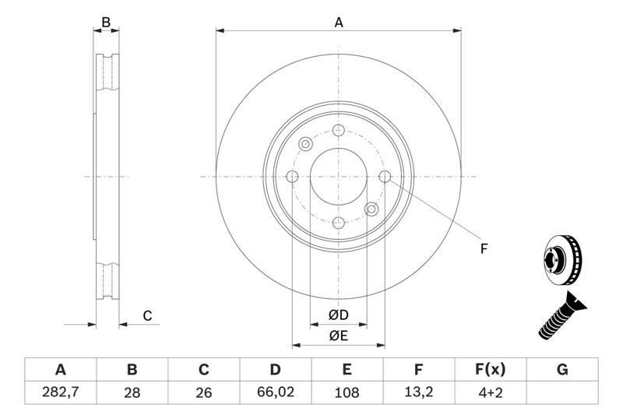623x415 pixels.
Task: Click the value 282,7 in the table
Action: pyautogui.click(x=61, y=392)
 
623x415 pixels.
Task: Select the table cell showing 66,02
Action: pyautogui.click(x=276, y=392)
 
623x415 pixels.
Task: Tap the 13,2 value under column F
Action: pyautogui.click(x=418, y=392)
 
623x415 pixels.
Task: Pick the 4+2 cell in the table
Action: pyautogui.click(x=491, y=392)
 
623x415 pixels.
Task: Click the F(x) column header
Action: pyautogui.click(x=491, y=369)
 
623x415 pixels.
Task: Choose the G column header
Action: pyautogui.click(x=562, y=369)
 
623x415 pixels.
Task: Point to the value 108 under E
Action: pyautogui.click(x=347, y=392)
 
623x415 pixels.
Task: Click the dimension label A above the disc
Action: pyautogui.click(x=339, y=23)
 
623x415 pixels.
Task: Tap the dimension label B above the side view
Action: pyautogui.click(x=106, y=23)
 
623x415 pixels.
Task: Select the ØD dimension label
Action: pyautogui.click(x=339, y=315)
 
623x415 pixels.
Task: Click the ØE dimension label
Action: pyautogui.click(x=339, y=336)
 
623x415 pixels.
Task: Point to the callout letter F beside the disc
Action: pyautogui.click(x=484, y=249)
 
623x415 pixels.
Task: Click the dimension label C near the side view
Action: pyautogui.click(x=147, y=315)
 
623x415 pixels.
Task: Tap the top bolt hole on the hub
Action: pyautogui.click(x=339, y=130)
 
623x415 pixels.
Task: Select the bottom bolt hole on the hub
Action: pyautogui.click(x=339, y=223)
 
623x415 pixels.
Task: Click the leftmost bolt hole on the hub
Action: pyautogui.click(x=292, y=176)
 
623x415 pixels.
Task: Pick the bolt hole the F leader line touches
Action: pyautogui.click(x=385, y=176)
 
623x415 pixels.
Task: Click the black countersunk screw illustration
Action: pyautogui.click(x=562, y=315)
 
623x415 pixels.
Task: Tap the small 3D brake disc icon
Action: pyautogui.click(x=562, y=261)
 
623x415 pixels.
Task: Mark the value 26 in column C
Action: pyautogui.click(x=203, y=392)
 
